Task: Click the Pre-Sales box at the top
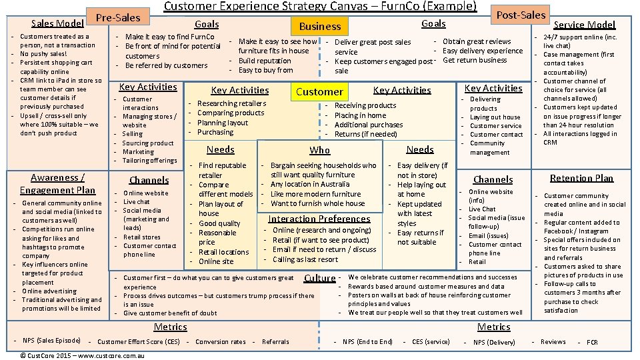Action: pyautogui.click(x=118, y=17)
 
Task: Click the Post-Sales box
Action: pyautogui.click(x=521, y=14)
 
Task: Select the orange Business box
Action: pyautogui.click(x=320, y=26)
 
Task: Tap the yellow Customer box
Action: pyautogui.click(x=319, y=91)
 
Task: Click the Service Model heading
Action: pyautogui.click(x=585, y=25)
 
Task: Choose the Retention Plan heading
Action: pyautogui.click(x=581, y=178)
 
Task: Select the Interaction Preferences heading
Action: pyautogui.click(x=319, y=219)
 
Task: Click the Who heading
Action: pyautogui.click(x=320, y=150)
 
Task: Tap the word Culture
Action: pyautogui.click(x=319, y=278)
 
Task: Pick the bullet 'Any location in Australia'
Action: pyautogui.click(x=310, y=184)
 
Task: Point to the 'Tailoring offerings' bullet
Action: pyautogui.click(x=149, y=160)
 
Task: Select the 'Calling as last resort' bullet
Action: pyautogui.click(x=305, y=259)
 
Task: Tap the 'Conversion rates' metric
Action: pyautogui.click(x=221, y=342)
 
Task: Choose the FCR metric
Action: pyautogui.click(x=592, y=342)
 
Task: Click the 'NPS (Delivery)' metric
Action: pyautogui.click(x=493, y=342)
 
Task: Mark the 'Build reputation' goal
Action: pyautogui.click(x=265, y=61)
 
